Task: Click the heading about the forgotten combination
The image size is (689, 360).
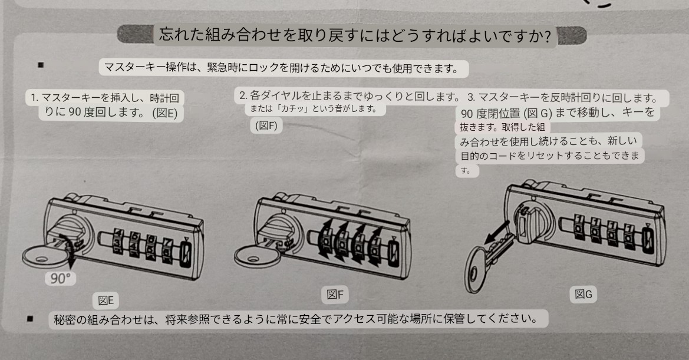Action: pyautogui.click(x=354, y=35)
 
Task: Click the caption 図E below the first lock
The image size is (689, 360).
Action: pyautogui.click(x=106, y=300)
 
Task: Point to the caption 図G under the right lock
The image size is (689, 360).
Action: pyautogui.click(x=583, y=293)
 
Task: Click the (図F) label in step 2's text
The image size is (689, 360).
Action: pyautogui.click(x=266, y=125)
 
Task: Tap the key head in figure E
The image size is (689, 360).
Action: pyautogui.click(x=41, y=257)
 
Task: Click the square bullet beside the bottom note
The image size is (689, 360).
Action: pyautogui.click(x=30, y=319)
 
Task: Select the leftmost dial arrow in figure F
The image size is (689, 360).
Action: pyautogui.click(x=325, y=238)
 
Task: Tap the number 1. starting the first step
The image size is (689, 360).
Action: pyautogui.click(x=35, y=97)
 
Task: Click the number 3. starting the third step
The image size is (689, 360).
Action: pyautogui.click(x=471, y=97)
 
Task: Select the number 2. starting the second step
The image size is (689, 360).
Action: pyautogui.click(x=243, y=95)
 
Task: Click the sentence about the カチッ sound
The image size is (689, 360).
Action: pyautogui.click(x=313, y=110)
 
